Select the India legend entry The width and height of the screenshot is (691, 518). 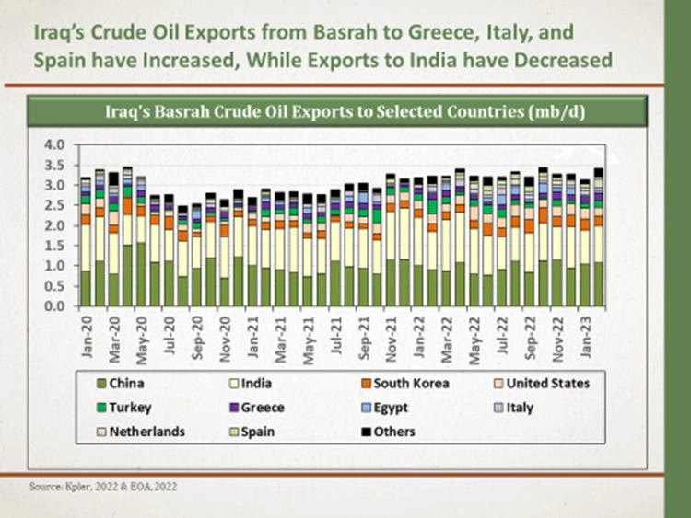pyautogui.click(x=252, y=383)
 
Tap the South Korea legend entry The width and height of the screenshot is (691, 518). pyautogui.click(x=405, y=383)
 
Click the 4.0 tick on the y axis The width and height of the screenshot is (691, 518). pyautogui.click(x=55, y=145)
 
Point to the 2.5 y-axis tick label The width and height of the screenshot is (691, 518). pyautogui.click(x=55, y=205)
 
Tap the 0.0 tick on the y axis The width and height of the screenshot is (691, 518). pyautogui.click(x=55, y=305)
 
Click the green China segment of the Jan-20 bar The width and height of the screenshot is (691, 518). pyautogui.click(x=86, y=288)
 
